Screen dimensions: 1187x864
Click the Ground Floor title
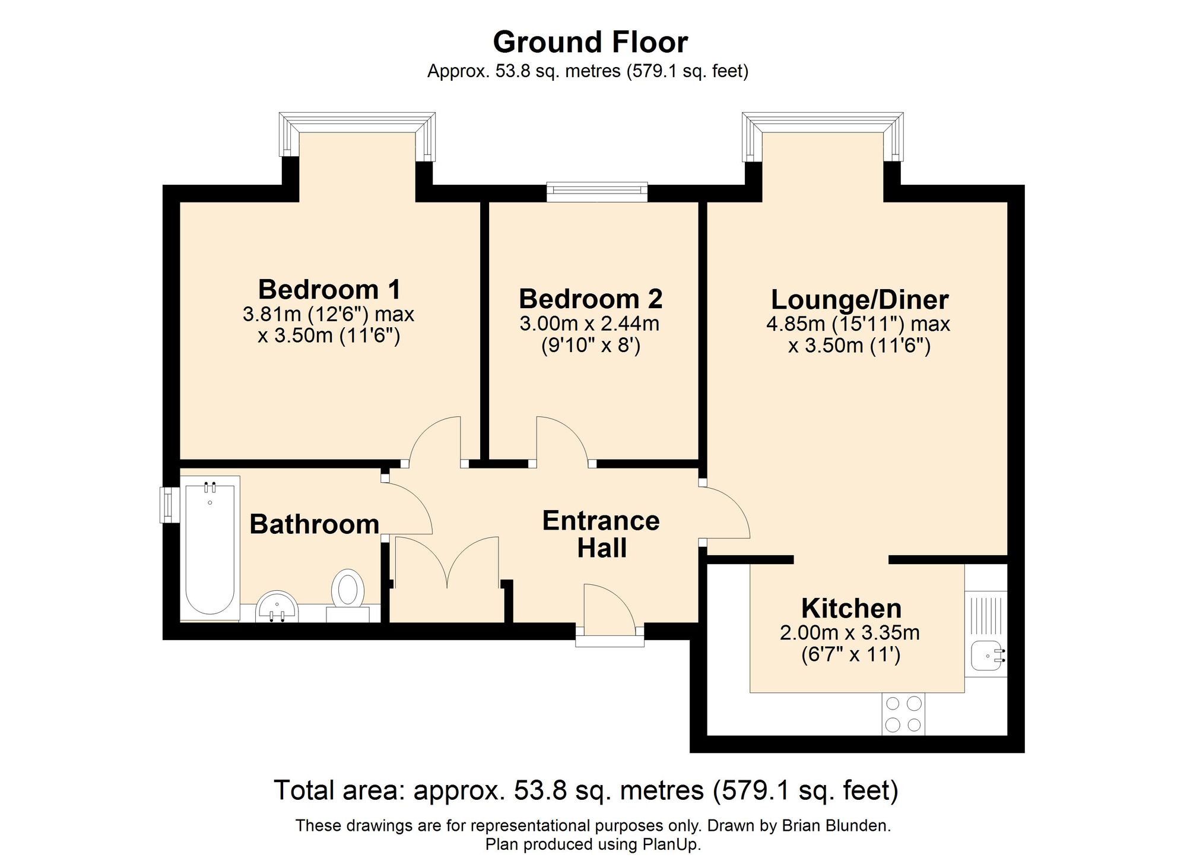click(x=591, y=43)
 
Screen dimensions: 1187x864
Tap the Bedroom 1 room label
click(x=329, y=290)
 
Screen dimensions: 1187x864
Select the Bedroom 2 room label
click(x=591, y=299)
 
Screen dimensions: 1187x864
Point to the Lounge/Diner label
click(x=859, y=300)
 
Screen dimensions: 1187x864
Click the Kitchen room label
click(x=851, y=609)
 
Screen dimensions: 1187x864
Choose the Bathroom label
click(x=315, y=524)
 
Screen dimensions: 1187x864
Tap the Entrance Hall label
click(x=601, y=534)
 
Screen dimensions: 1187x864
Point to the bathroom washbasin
click(x=277, y=607)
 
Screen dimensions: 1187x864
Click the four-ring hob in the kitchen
click(x=903, y=714)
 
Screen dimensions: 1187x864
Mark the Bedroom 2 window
click(x=597, y=192)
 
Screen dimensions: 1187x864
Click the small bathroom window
click(x=170, y=505)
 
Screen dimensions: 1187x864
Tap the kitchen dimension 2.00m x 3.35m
click(x=850, y=633)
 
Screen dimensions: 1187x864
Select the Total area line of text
click(x=586, y=791)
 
